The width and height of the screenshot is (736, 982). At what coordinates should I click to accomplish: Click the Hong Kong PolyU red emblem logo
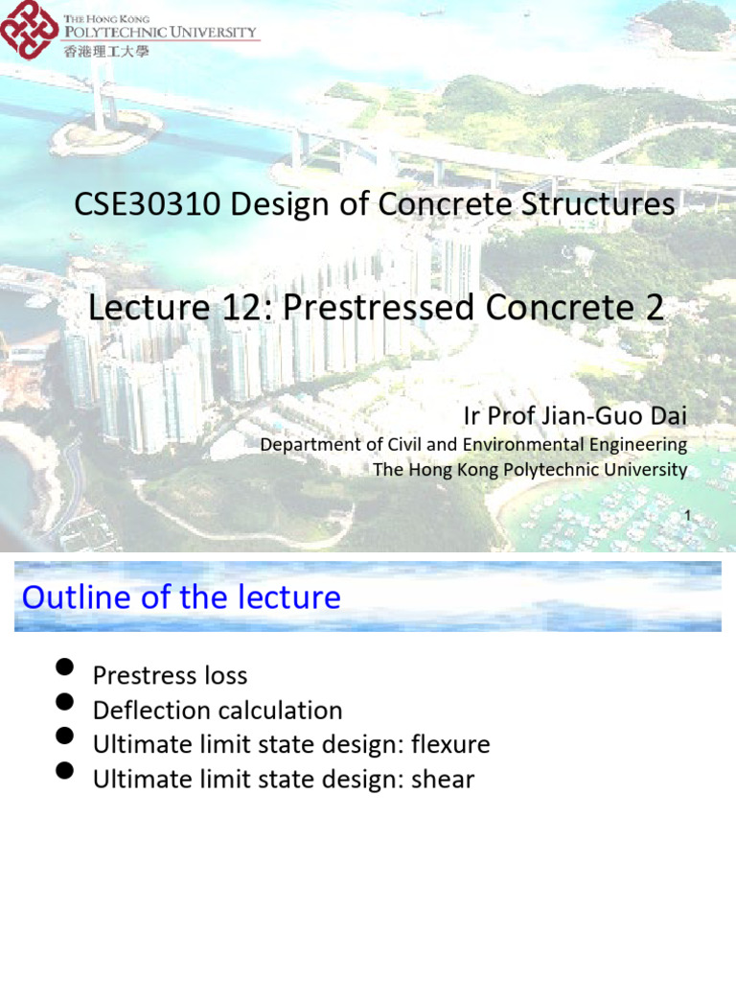point(30,30)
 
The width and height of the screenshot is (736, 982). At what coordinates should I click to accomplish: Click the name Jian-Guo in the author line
point(597,417)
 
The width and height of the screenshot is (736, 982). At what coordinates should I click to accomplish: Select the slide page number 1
point(687,516)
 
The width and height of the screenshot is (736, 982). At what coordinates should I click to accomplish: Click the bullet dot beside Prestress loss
point(65,667)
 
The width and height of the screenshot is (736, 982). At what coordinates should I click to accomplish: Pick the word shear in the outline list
point(443,780)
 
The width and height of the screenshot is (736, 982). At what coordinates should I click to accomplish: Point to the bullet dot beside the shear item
point(65,771)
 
